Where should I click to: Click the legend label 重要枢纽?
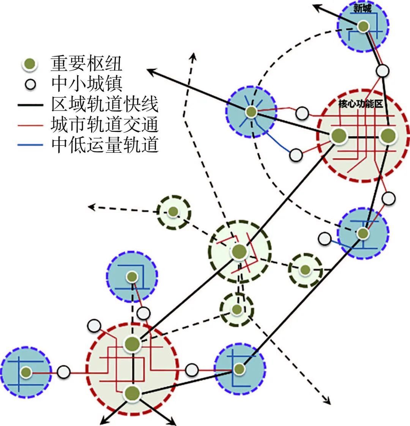pyautogui.click(x=86, y=63)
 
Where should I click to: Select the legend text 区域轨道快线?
pyautogui.click(x=105, y=104)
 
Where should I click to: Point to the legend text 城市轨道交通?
pyautogui.click(x=105, y=124)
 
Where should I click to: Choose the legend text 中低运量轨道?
pyautogui.click(x=105, y=144)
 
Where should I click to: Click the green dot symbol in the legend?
pyautogui.click(x=30, y=64)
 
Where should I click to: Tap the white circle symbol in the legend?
pyautogui.click(x=30, y=84)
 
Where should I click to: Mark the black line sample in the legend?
pyautogui.click(x=30, y=105)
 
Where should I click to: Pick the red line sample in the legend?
pyautogui.click(x=30, y=125)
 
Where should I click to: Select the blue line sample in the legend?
pyautogui.click(x=30, y=145)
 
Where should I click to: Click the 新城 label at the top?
pyautogui.click(x=362, y=8)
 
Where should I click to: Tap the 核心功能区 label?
pyautogui.click(x=361, y=104)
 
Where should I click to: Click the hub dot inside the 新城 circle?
pyautogui.click(x=363, y=26)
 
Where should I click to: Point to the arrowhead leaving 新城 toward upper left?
pyautogui.click(x=317, y=7)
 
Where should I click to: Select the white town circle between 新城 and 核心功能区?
pyautogui.click(x=383, y=71)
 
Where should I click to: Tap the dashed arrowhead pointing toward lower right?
pyautogui.click(x=327, y=400)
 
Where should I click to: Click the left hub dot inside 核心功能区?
pyautogui.click(x=339, y=136)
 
